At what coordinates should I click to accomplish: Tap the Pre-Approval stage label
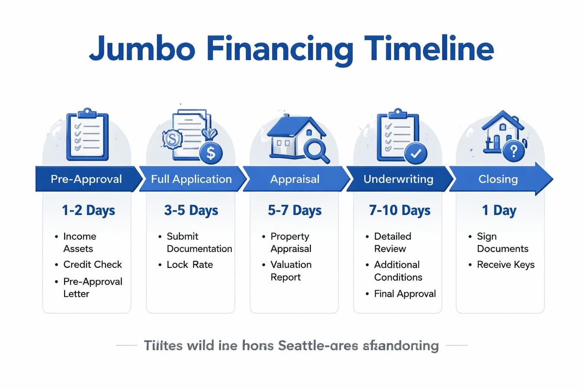(86, 179)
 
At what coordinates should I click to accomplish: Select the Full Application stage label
(191, 179)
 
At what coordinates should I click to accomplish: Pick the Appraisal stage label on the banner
(295, 179)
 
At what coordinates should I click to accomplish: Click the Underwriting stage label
(398, 179)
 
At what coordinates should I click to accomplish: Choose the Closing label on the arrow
(498, 179)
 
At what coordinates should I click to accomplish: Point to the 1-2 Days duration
(88, 211)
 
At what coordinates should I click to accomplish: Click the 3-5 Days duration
(191, 211)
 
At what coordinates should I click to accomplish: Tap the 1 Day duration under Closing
(498, 211)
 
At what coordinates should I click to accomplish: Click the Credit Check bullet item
(92, 265)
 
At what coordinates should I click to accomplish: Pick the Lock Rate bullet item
(189, 265)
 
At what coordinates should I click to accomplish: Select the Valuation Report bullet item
(291, 271)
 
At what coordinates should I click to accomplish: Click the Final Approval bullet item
(405, 293)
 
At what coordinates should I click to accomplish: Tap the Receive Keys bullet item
(505, 265)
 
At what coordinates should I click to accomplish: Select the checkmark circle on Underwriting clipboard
(416, 153)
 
